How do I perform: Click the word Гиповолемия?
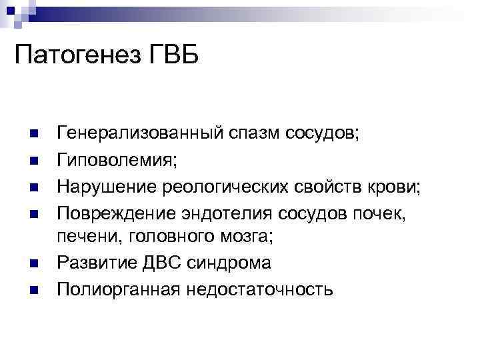117,159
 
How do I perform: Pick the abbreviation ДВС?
181,263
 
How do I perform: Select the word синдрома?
241,263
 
